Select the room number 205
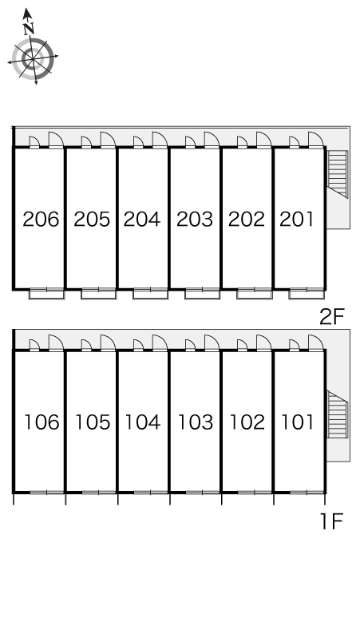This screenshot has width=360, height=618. pos(92,219)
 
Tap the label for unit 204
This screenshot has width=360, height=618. pos(143,219)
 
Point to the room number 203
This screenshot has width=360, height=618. pos(195,219)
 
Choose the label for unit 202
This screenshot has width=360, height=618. pos(246,219)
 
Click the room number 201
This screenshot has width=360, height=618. pos(297,219)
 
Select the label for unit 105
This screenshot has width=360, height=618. pos(92,422)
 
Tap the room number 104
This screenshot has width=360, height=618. pos(143,422)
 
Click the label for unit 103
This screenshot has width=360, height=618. pos(195,422)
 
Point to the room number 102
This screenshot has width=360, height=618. pos(246,422)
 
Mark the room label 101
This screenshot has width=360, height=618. pos(297,422)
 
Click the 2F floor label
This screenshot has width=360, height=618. pos(331,317)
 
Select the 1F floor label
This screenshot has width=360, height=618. pos(331,523)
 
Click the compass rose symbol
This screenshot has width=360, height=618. pos(34,58)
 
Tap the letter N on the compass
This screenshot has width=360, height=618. pos(30,28)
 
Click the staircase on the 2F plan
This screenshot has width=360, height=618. pos(339,173)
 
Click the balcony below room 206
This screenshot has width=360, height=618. pos(46,293)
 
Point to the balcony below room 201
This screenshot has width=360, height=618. pos(306,293)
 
